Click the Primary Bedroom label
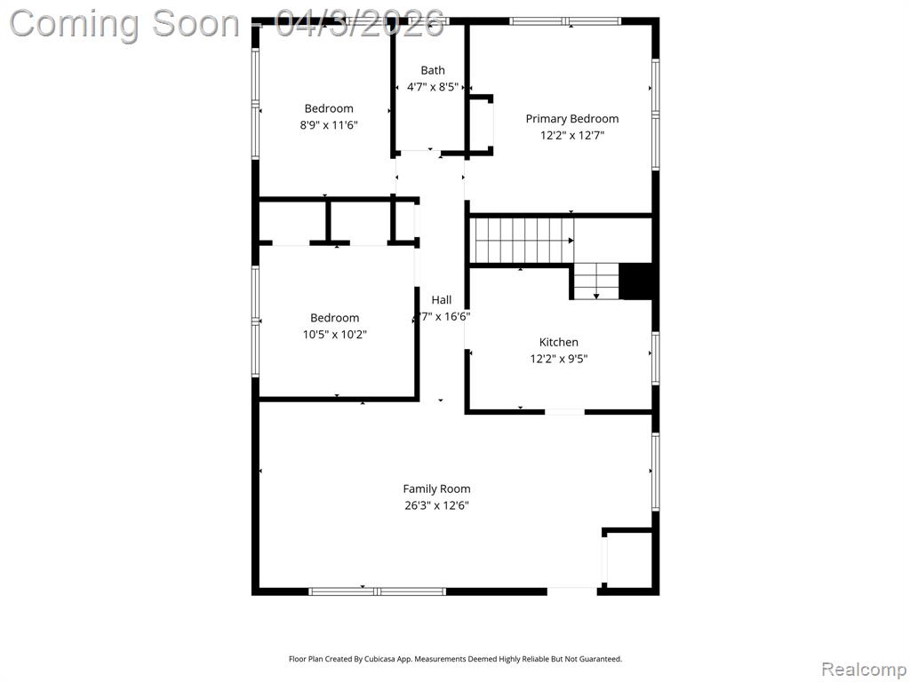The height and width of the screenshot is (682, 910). click(571, 119)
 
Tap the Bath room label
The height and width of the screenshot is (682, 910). click(433, 70)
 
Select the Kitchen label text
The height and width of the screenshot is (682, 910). click(558, 342)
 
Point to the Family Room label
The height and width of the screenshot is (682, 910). click(436, 489)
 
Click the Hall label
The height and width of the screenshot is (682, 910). click(441, 300)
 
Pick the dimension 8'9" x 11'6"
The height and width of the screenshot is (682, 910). click(329, 124)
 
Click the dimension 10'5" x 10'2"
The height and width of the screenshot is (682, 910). click(335, 335)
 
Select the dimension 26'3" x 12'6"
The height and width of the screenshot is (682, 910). click(436, 505)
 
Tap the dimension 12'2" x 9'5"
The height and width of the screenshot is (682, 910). click(558, 359)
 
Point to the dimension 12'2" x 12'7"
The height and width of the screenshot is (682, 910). click(572, 136)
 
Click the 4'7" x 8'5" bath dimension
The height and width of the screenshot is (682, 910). click(433, 87)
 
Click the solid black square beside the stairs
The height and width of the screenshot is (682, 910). click(636, 282)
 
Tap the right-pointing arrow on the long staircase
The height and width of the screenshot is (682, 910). click(571, 241)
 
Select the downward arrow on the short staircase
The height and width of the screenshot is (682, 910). click(596, 297)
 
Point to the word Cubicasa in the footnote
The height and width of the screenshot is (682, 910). click(380, 659)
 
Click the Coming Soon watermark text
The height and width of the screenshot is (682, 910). click(124, 24)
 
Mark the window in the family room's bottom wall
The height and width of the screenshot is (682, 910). click(377, 591)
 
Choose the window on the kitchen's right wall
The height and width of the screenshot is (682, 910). click(655, 358)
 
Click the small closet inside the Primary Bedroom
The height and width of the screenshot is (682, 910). click(481, 125)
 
